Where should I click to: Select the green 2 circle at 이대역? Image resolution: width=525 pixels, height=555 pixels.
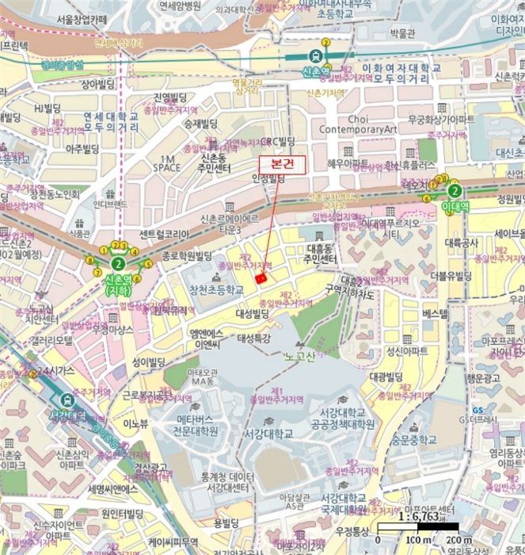coord(454,190)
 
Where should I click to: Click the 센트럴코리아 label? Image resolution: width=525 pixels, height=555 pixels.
coord(164,235)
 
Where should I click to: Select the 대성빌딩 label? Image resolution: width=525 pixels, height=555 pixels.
coord(254,315)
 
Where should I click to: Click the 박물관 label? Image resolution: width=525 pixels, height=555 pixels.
coord(401,34)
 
